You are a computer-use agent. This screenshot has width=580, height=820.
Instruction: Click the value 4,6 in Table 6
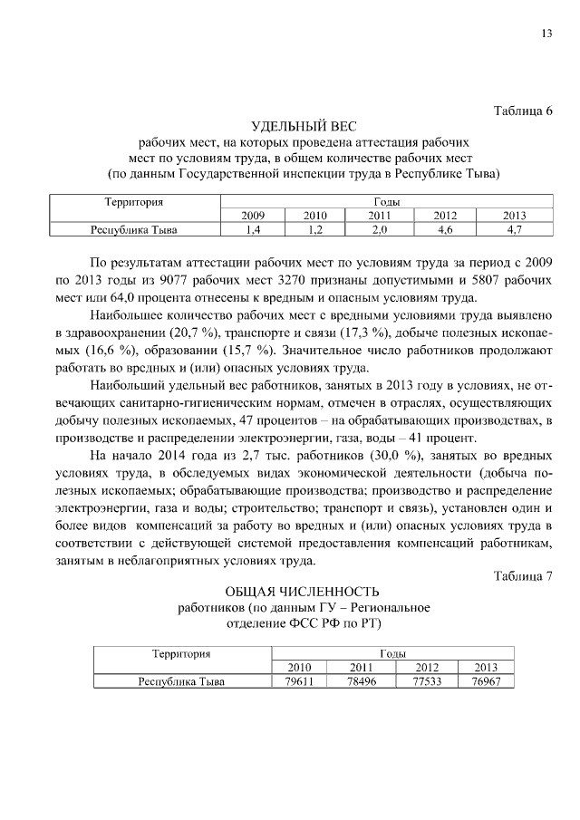click(445, 230)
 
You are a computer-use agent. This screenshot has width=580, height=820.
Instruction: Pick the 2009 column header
click(253, 216)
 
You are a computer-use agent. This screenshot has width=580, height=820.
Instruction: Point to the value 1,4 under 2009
click(253, 230)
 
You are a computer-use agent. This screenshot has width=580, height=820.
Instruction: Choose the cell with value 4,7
click(515, 230)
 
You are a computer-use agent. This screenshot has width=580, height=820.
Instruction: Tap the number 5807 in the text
click(493, 279)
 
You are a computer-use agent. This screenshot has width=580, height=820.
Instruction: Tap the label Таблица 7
click(523, 576)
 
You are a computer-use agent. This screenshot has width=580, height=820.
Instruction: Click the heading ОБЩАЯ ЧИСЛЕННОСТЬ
click(303, 592)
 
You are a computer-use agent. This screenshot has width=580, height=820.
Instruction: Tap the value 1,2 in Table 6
click(314, 230)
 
